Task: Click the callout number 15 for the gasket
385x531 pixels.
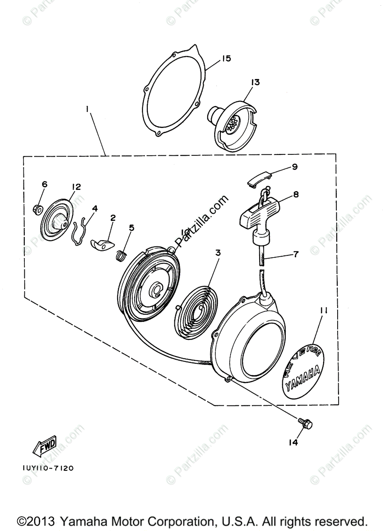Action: pos(227,58)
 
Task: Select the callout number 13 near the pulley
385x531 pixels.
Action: pos(255,82)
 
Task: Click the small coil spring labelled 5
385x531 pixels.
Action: pos(120,255)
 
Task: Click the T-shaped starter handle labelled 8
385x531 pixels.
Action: pos(257,215)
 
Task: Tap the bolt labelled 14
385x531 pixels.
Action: pos(305,424)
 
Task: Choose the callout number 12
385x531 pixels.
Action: pos(76,187)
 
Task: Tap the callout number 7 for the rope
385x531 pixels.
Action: pos(296,254)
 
